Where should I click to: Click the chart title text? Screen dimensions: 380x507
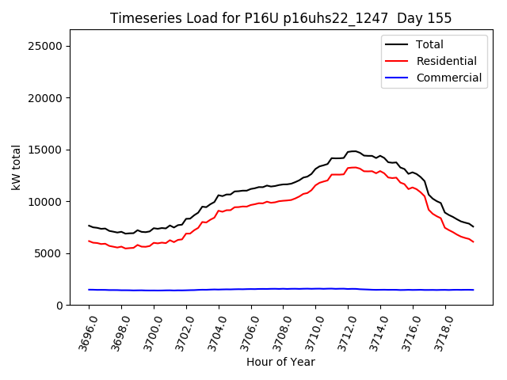pos(280,18)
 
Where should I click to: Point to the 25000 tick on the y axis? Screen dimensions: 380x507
pos(45,46)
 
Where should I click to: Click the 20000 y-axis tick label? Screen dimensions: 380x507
pos(45,98)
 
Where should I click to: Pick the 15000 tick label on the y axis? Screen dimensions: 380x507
pos(45,150)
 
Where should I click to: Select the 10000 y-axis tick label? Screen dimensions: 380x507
pos(45,202)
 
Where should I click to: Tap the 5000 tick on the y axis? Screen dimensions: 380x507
pos(48,253)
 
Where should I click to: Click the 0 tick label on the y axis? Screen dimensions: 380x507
pos(59,306)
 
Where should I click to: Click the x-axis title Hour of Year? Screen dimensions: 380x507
pos(280,362)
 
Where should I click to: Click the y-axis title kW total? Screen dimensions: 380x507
pos(17,167)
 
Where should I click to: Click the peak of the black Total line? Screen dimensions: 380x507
pos(353,150)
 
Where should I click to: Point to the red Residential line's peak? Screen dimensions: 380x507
pos(353,167)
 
